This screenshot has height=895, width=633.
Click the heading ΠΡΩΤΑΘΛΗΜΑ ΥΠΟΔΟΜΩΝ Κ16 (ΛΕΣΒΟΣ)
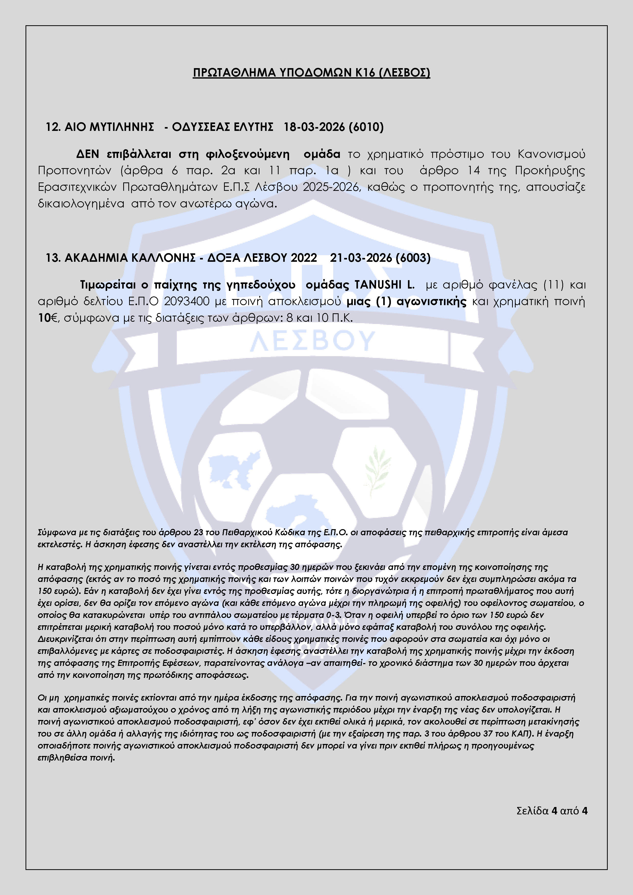[x=312, y=73]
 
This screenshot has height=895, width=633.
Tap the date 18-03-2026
[x=314, y=127]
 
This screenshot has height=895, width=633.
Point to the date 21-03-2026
[x=361, y=258]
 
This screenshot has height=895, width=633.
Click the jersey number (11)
[x=553, y=285]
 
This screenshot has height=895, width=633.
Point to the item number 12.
[x=52, y=127]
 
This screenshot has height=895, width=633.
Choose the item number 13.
[x=52, y=258]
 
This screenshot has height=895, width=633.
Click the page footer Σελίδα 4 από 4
[x=552, y=811]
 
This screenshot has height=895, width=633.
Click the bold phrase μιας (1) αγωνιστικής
[x=406, y=301]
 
